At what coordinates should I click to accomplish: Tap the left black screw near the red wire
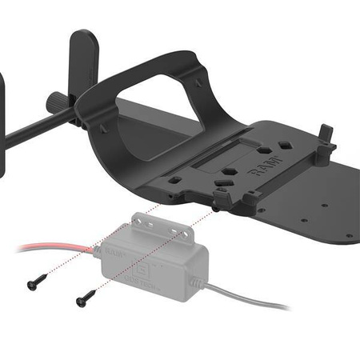(x=36, y=282)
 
